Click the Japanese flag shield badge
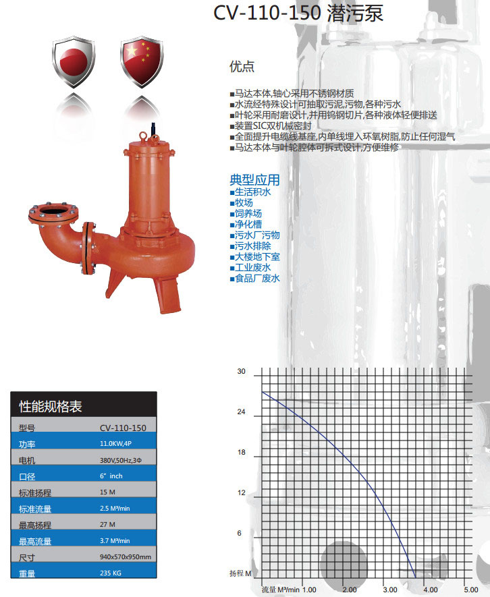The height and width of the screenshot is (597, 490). (73, 61)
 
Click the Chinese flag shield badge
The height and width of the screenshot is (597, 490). (142, 61)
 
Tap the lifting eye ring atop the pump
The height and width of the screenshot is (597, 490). (144, 135)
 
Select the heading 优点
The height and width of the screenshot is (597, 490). (242, 66)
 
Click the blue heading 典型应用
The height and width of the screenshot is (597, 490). (254, 179)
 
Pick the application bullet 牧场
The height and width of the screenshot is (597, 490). (241, 202)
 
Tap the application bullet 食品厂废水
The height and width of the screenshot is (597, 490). (255, 279)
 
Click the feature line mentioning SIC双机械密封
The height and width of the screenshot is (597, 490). (271, 126)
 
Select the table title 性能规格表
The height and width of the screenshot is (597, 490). (51, 406)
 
